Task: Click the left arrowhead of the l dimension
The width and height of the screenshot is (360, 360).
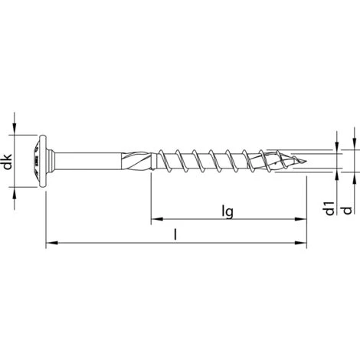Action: (x=51, y=244)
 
